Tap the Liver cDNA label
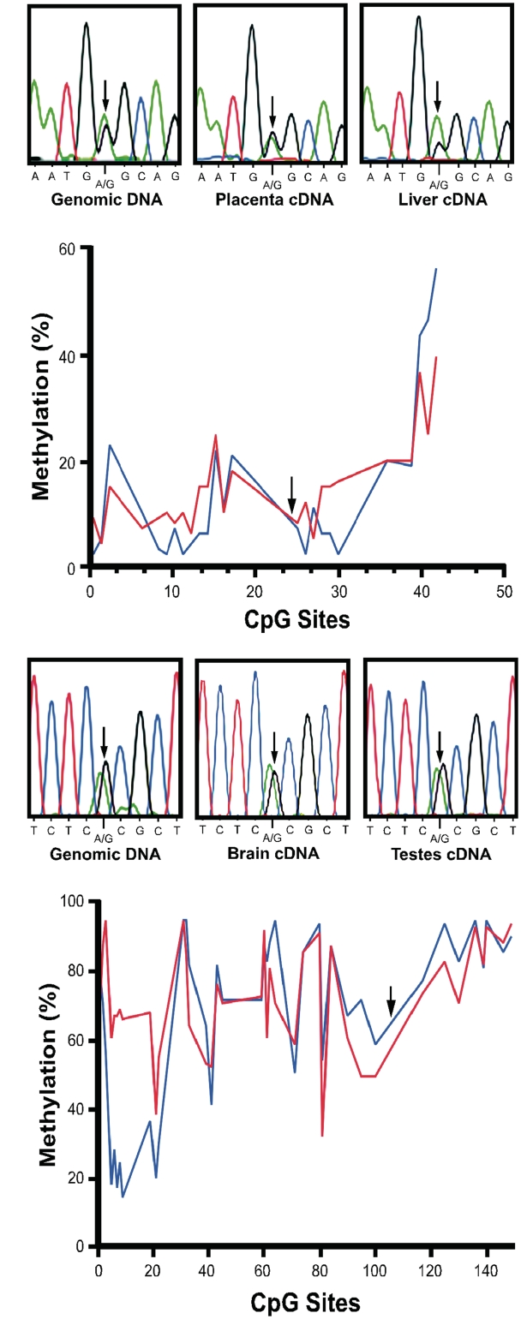[x=437, y=201]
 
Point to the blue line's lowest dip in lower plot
[x=123, y=1197]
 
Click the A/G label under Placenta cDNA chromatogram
[x=272, y=185]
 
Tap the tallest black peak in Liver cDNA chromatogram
[x=418, y=17]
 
